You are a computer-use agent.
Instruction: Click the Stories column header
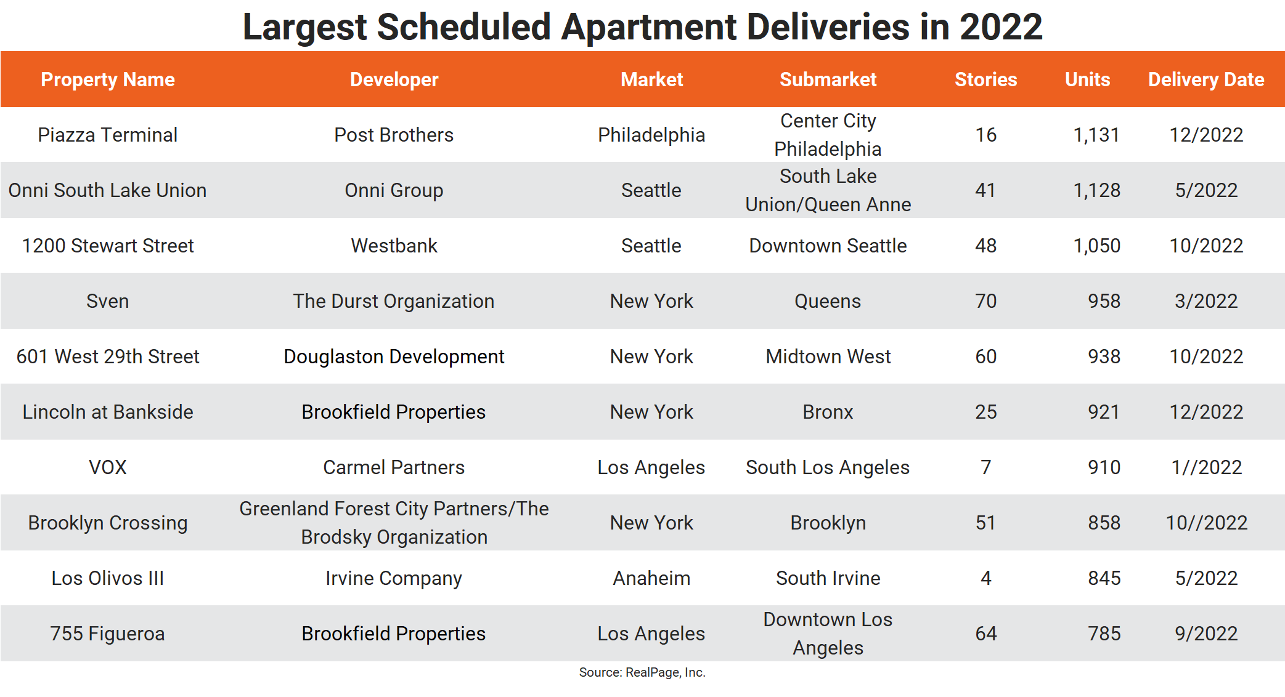(985, 79)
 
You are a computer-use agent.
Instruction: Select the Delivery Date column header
(1206, 79)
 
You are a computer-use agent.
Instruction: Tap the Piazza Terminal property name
(107, 135)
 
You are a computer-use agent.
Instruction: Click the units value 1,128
(1096, 190)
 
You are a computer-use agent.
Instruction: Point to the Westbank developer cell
(394, 246)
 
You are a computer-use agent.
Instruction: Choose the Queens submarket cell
(828, 301)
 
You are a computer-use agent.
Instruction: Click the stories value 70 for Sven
(985, 301)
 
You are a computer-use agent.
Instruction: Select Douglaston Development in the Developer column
(394, 357)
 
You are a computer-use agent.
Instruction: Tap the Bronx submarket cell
(828, 412)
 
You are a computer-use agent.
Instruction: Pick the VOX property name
(107, 467)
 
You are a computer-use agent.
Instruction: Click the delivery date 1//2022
(1206, 467)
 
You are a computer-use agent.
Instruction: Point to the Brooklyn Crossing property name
(107, 523)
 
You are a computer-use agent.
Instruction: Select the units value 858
(1104, 523)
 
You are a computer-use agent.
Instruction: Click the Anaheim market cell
(651, 578)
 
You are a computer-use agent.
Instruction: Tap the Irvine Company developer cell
(394, 578)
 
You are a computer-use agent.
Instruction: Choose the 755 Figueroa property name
(107, 634)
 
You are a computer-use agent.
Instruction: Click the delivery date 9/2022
(1206, 634)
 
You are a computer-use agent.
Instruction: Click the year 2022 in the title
(1000, 27)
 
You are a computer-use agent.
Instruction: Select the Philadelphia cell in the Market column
(651, 135)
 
